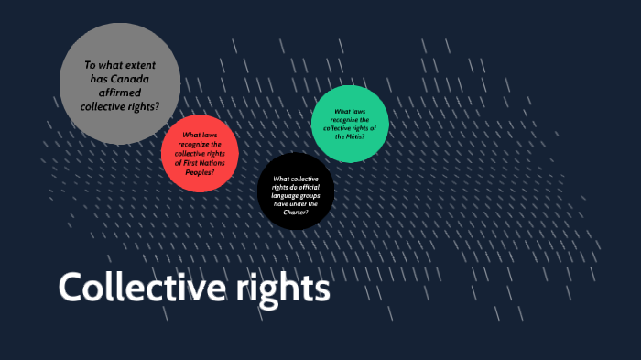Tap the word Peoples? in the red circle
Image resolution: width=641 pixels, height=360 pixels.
pyautogui.click(x=200, y=172)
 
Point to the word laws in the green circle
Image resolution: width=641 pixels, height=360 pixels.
pyautogui.click(x=360, y=111)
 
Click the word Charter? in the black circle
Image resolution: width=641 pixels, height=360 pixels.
pyautogui.click(x=295, y=213)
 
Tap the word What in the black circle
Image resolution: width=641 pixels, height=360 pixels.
pyautogui.click(x=283, y=179)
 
